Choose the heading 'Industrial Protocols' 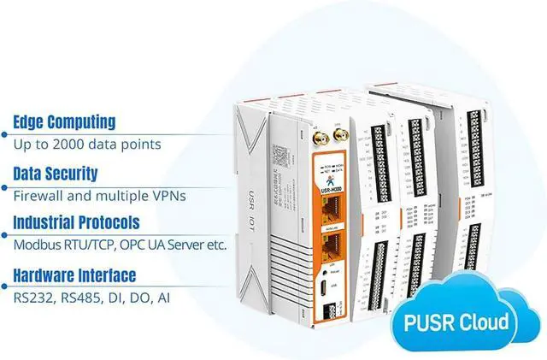[77, 224]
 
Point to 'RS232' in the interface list [31, 298]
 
